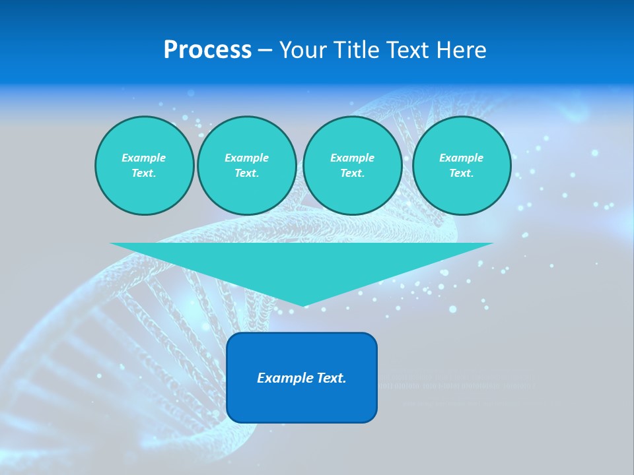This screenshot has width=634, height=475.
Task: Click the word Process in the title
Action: pos(207,50)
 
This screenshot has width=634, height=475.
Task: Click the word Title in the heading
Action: pos(357,50)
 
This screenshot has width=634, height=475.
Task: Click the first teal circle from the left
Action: pos(144,165)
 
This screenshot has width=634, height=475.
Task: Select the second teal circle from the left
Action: pos(246,165)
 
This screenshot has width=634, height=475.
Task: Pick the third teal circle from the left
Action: pos(352,165)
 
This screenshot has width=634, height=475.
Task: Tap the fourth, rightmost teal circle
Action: pos(462,165)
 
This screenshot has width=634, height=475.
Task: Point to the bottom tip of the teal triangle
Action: pos(303,305)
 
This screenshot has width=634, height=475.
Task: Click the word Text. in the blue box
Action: pos(329,378)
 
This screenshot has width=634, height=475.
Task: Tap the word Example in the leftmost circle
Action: pos(144,158)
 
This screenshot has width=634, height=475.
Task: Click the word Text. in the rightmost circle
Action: pos(462,173)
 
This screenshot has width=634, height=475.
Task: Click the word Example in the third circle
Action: pos(352,158)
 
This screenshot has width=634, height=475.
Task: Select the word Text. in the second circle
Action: pos(246,173)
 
